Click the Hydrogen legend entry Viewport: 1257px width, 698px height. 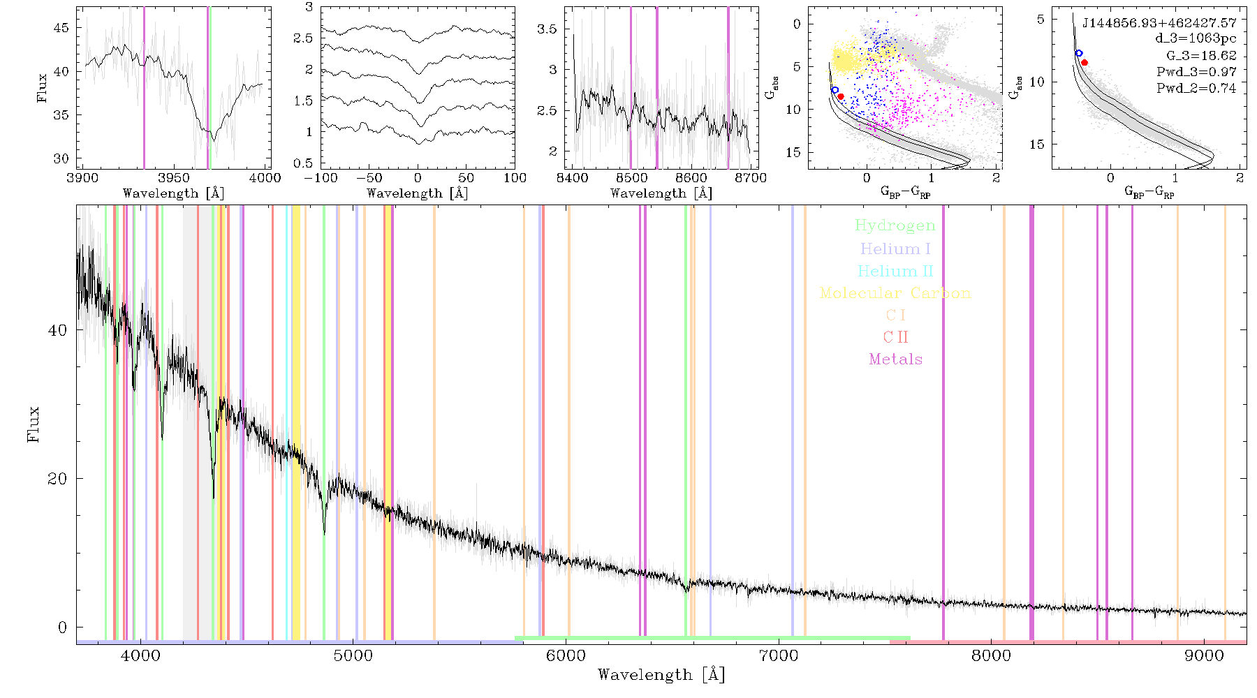895,226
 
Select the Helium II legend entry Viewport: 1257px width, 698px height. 895,271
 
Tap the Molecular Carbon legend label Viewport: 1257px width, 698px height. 895,293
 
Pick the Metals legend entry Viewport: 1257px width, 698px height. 895,359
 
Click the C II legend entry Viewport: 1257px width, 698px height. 895,337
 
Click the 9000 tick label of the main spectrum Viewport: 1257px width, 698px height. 1204,655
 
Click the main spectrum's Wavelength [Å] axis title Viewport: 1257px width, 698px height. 661,675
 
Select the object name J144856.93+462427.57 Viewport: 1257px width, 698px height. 1159,23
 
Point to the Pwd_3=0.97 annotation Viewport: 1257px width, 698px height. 1196,72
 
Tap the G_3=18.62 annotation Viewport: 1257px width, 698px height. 1201,56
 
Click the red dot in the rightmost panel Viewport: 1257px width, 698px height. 1085,62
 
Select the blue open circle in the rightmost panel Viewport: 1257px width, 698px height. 1079,53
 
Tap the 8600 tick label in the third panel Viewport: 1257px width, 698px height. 691,178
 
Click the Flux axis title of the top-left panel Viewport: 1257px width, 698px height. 43,88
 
